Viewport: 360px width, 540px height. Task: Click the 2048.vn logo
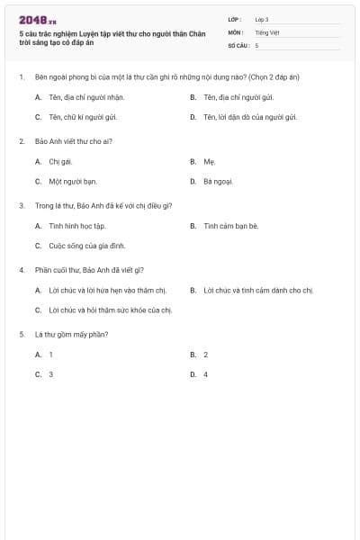(38, 20)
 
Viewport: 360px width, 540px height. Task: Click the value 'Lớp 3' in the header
(262, 19)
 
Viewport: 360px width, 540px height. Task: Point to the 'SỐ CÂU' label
(238, 44)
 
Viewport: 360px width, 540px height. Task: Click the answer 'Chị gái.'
(60, 161)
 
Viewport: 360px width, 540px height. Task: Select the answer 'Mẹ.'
(210, 161)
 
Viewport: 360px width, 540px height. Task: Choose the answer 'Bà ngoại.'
(218, 181)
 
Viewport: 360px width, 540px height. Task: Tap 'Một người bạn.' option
(73, 181)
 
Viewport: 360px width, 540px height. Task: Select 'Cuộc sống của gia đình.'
(87, 245)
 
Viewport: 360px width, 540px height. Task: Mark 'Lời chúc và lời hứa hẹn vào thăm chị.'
(108, 290)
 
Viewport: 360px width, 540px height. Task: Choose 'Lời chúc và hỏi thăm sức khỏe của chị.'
(110, 310)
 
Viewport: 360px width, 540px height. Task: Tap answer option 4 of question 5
(205, 373)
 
